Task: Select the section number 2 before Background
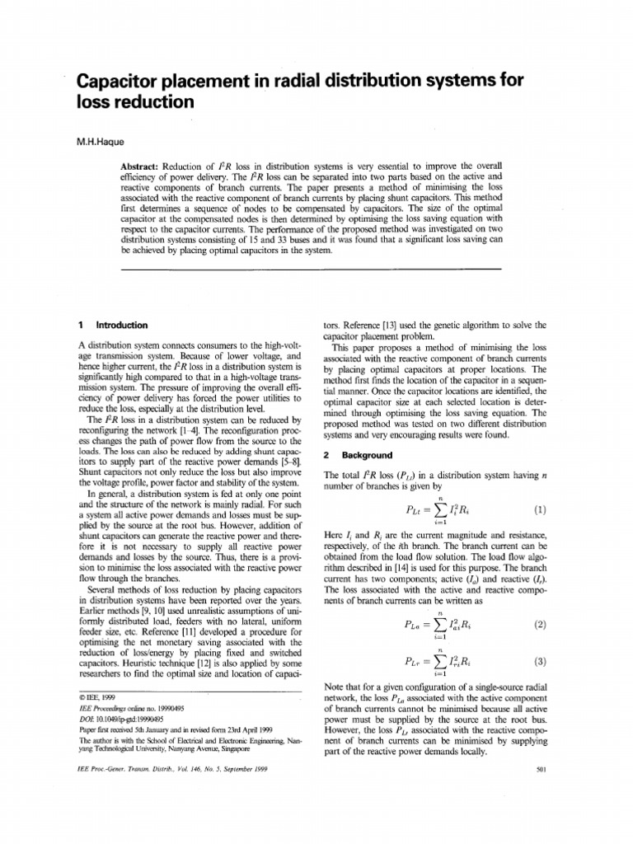click(x=327, y=455)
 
